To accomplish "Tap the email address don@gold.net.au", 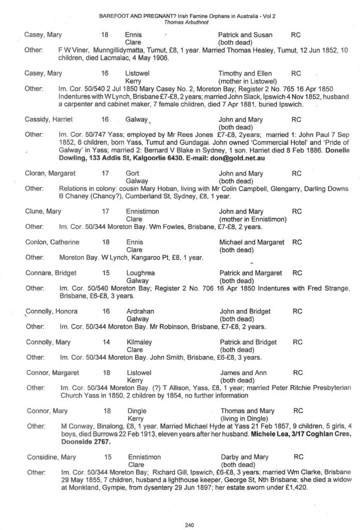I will (237, 158).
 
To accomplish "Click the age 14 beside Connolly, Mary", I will (106, 342).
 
